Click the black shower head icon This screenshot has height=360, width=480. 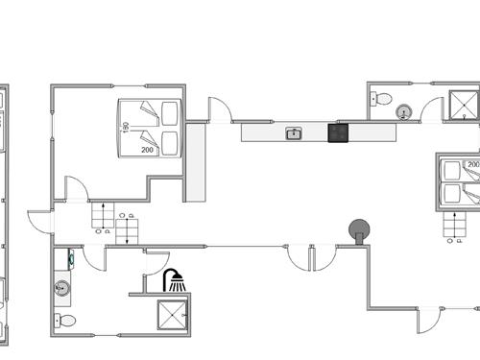coord(174,280)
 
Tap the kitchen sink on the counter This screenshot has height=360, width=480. coord(294,133)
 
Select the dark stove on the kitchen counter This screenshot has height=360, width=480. coord(338,133)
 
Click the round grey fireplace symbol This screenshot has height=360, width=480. coord(359,228)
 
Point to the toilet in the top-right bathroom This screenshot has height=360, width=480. coord(383,98)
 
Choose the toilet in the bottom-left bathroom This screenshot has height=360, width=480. coord(64,321)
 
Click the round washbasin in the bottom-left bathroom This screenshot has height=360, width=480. coord(62,286)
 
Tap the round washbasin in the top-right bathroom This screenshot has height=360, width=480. coord(404,112)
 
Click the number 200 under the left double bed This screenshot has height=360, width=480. coord(148,150)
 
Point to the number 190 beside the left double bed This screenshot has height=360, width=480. coord(126,127)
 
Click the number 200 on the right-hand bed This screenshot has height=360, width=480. coord(473,165)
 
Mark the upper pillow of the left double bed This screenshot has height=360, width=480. coord(170,113)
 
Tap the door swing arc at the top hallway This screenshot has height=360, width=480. coord(220,109)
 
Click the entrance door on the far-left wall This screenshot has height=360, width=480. coord(40,222)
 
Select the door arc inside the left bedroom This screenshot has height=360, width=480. coord(76,189)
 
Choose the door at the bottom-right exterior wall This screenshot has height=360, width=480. coord(429,321)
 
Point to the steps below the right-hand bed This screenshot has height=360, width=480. coord(453,228)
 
